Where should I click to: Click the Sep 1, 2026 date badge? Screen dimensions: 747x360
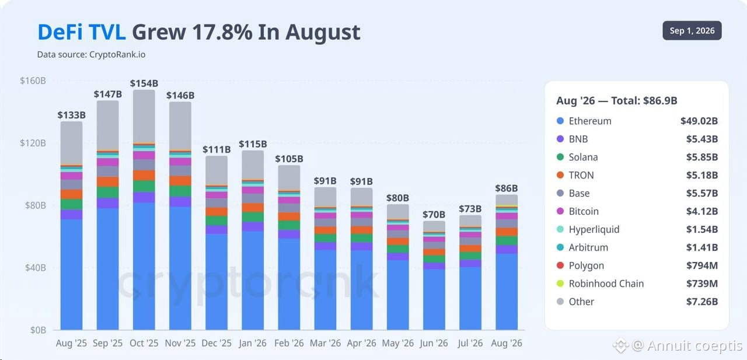coord(692,31)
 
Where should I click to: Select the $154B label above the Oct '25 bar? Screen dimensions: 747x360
coord(144,83)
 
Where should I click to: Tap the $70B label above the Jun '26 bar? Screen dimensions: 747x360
coord(434,214)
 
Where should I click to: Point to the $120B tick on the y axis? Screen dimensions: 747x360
coord(33,143)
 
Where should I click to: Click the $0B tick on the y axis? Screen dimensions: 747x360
coord(38,330)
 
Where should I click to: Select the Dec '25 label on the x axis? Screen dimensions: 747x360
coord(217,343)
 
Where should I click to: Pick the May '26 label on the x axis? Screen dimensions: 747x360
coord(398,343)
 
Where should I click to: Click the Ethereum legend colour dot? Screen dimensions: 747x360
coord(560,121)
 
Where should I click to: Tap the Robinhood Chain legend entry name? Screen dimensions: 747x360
coord(606,284)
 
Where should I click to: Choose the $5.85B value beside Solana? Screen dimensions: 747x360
coord(702,157)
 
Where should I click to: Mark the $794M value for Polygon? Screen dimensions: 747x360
coord(702,265)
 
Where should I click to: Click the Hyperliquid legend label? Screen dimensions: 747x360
coord(594,229)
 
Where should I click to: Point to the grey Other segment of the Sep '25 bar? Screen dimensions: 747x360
coord(108,125)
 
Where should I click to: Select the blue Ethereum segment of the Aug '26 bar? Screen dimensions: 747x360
coord(507,292)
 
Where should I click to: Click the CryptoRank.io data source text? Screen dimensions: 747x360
coord(117,54)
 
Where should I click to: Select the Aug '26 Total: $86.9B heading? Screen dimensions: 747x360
coord(617,101)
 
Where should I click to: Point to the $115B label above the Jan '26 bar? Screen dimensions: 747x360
coord(253,144)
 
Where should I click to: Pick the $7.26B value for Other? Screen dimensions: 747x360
coord(702,302)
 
